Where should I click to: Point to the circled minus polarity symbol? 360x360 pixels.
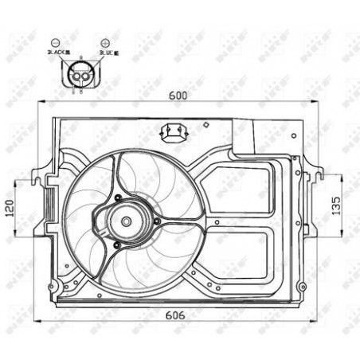(53, 41)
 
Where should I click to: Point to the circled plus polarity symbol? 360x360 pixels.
(105, 41)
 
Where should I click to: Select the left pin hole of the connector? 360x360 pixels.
(76, 77)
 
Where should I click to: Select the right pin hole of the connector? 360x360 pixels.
(86, 77)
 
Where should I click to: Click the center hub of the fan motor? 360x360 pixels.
(125, 223)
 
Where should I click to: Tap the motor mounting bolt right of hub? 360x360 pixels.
(157, 221)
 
